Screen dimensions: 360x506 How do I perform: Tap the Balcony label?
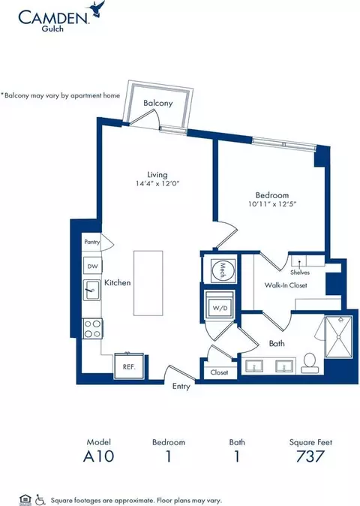[158, 104]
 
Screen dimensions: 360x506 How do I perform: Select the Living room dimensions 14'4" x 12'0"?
[157, 184]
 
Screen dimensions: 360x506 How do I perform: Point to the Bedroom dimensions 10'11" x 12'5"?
[272, 204]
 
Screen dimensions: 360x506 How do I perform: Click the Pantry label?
[91, 242]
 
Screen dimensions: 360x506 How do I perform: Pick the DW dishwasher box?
[92, 267]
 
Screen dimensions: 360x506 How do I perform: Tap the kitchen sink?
[91, 290]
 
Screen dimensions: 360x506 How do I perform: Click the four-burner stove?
[92, 329]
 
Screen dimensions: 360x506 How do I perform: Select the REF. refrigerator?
[129, 366]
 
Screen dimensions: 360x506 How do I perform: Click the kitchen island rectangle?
[148, 283]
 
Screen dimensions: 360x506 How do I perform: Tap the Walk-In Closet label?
[286, 285]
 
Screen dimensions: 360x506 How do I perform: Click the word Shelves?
[300, 273]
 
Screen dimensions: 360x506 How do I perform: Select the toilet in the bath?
[310, 363]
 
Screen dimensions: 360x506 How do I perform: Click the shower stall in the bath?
[338, 337]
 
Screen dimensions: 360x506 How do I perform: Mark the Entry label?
[181, 387]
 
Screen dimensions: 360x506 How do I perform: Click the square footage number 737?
[310, 456]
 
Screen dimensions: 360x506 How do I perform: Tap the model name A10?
[98, 456]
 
